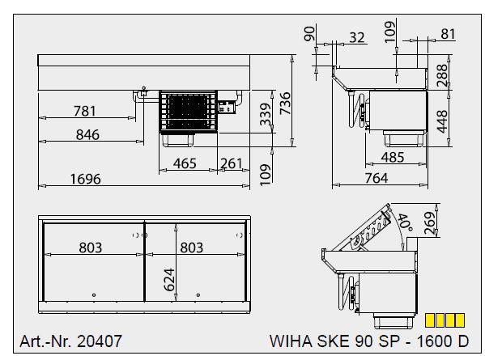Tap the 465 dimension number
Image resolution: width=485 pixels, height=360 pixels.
point(185,163)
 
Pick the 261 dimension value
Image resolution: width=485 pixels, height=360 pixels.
point(232,163)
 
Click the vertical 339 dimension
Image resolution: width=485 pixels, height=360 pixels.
point(266,116)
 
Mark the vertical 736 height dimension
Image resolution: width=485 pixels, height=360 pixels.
point(284,104)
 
